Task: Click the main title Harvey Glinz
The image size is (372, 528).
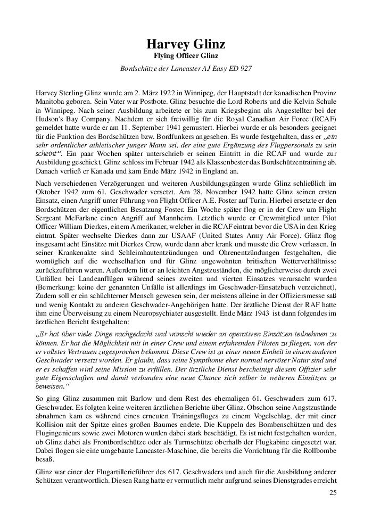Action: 186,45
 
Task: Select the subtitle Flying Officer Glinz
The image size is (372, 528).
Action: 186,55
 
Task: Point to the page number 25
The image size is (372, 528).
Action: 333,492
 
